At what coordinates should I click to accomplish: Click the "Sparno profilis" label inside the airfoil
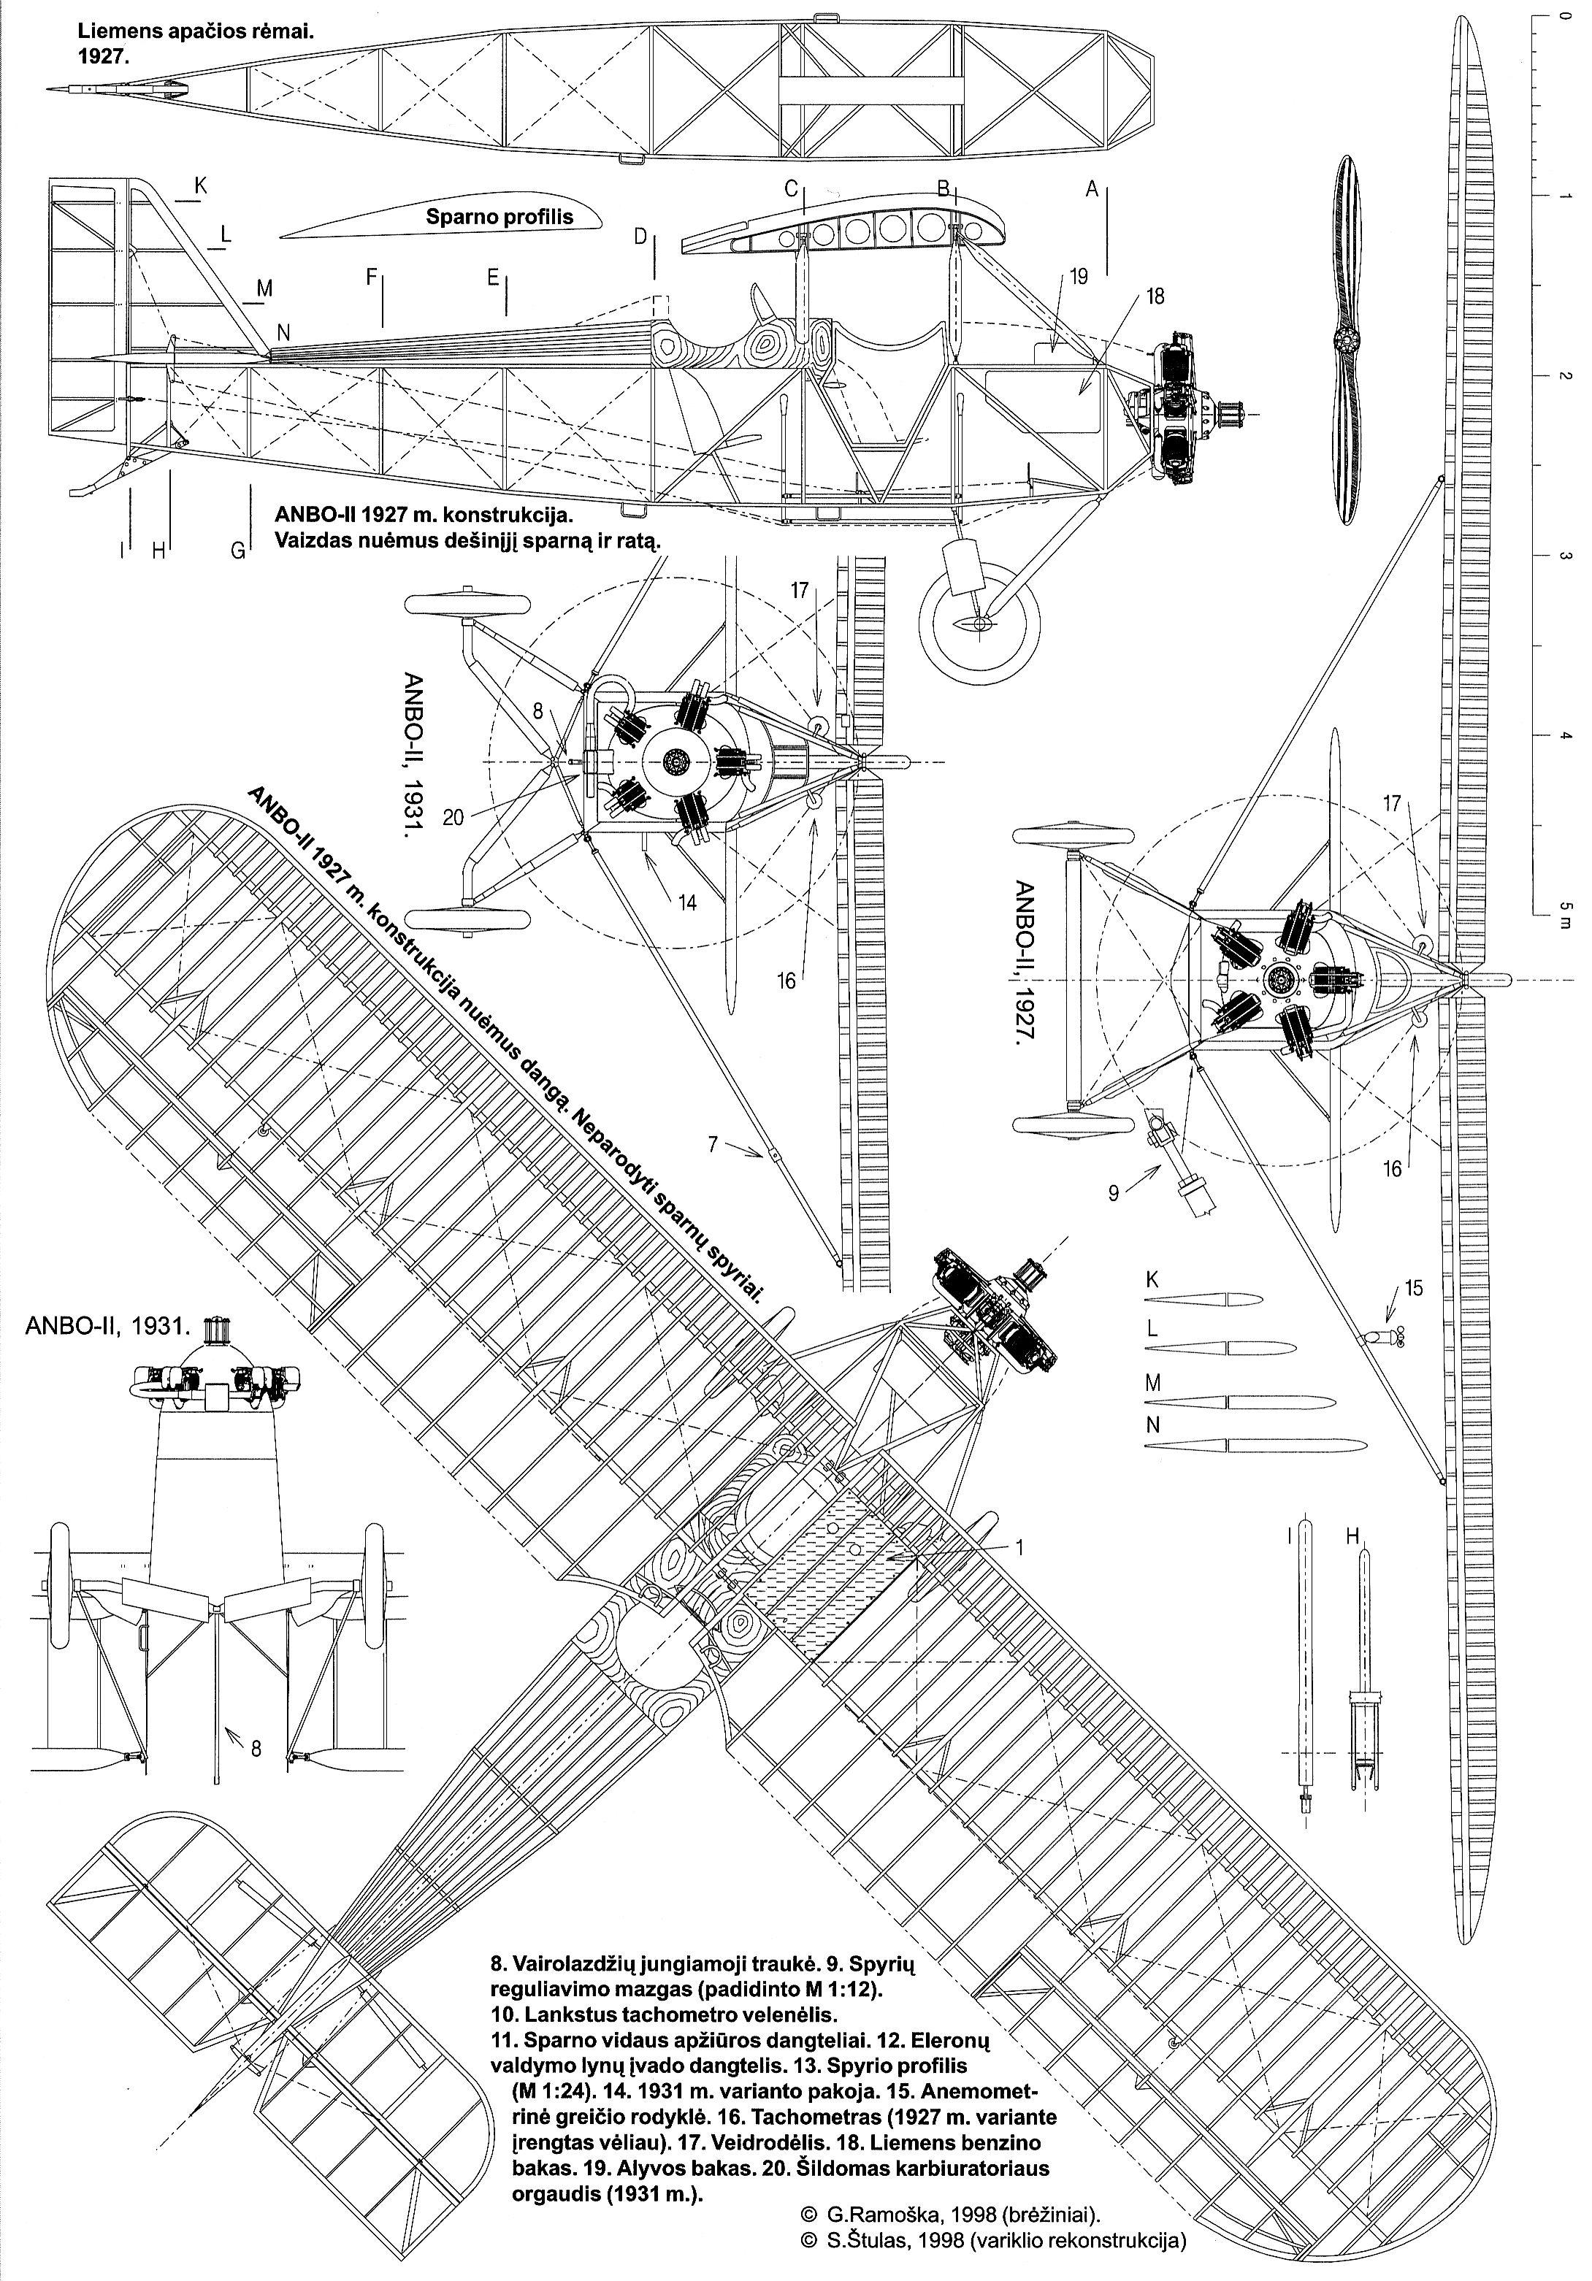pyautogui.click(x=500, y=217)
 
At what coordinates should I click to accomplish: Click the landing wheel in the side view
pyautogui.click(x=980, y=623)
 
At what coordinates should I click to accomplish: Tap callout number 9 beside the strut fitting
pyautogui.click(x=1113, y=1193)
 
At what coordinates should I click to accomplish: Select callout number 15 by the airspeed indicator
pyautogui.click(x=1413, y=1289)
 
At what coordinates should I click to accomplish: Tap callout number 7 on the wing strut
pyautogui.click(x=713, y=1144)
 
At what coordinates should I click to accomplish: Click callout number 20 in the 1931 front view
pyautogui.click(x=454, y=818)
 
